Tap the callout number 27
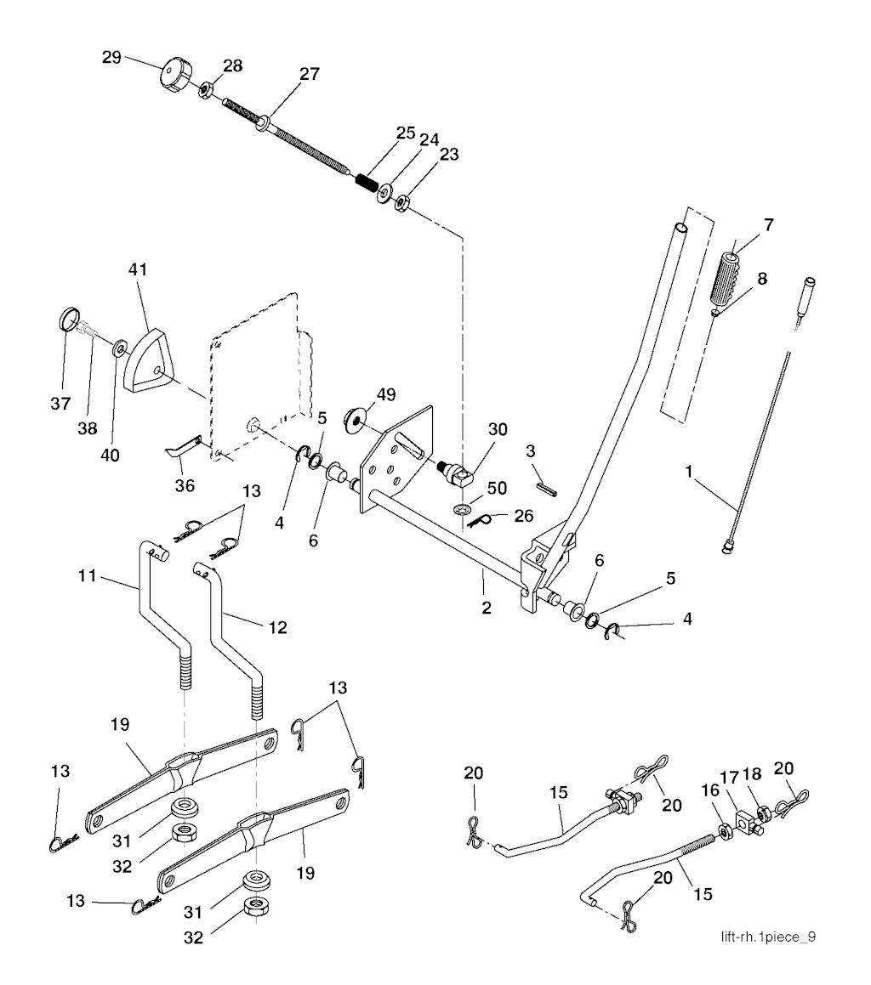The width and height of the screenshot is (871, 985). click(x=310, y=74)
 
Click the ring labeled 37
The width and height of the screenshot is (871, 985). click(x=69, y=321)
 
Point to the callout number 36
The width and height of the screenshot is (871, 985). click(x=184, y=486)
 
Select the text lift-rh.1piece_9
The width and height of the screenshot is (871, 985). click(x=768, y=937)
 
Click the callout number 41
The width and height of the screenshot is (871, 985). click(x=137, y=269)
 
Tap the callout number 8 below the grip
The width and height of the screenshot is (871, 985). click(x=761, y=278)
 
